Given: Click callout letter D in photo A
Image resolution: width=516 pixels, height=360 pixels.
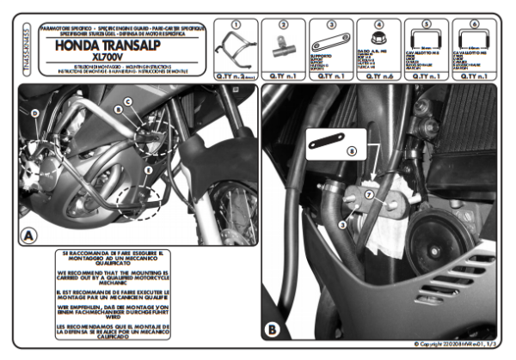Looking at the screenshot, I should pos(34,113).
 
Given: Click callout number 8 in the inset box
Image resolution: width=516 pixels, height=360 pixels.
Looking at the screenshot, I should pos(350,150).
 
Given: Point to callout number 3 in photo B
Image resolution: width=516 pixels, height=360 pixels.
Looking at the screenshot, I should pos(341,224).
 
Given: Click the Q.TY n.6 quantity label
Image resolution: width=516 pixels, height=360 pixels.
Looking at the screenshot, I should pos(379,76).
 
